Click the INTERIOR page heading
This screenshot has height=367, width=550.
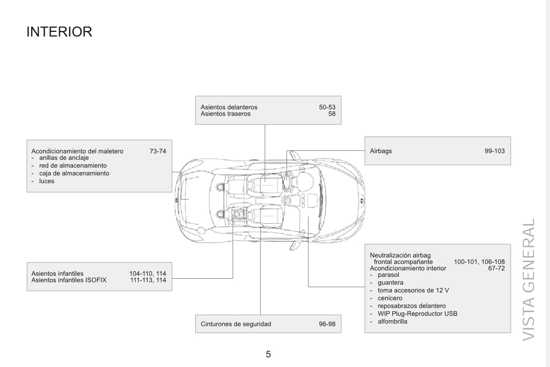point(59,31)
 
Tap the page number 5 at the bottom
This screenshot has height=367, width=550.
point(268,354)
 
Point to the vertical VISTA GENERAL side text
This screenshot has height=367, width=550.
point(529,280)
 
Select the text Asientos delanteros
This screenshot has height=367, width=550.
point(229,107)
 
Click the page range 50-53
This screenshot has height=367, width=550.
point(327,107)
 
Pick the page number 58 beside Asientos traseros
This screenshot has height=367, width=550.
point(332,114)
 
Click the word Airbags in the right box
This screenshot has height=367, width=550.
point(381,151)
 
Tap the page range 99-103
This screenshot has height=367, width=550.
point(495,151)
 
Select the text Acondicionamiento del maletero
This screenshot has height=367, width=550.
point(78,151)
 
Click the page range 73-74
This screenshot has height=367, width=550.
point(158,151)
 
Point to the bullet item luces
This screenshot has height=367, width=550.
point(47,181)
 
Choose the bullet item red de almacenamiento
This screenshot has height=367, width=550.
point(73,166)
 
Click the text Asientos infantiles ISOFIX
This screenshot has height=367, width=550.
point(69,280)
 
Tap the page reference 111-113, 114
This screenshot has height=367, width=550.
point(148,280)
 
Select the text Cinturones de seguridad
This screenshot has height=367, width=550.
point(236,324)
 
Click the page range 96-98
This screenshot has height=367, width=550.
point(327,324)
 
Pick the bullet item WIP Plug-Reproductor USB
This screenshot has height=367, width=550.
point(417,314)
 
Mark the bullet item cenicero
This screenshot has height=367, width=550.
point(390,298)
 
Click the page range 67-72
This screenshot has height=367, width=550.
point(497,268)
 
